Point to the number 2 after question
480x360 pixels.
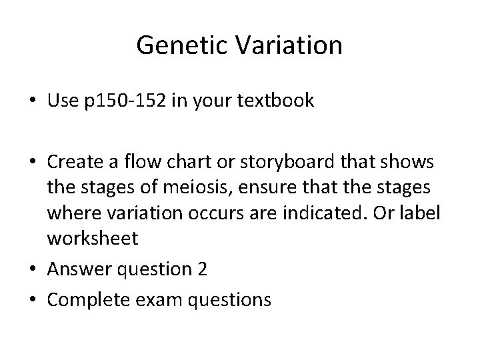(202, 271)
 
